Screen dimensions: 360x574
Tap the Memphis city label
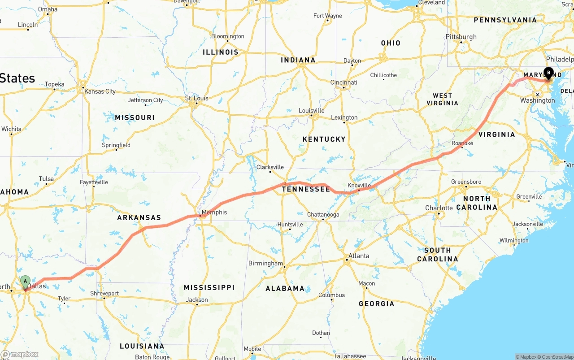214,212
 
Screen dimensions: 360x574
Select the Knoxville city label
359,185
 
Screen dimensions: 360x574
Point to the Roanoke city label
462,143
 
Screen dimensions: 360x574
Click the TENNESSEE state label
306,189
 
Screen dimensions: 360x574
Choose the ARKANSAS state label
139,217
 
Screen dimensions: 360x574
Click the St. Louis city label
197,98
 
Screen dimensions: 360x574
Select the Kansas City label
100,91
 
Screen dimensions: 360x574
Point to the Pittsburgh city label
461,37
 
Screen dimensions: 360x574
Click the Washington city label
538,100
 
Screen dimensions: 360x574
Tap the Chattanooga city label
323,215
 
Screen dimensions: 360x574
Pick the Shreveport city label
104,294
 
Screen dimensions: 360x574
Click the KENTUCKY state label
324,139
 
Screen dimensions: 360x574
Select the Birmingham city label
265,263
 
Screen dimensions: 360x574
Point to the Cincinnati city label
344,82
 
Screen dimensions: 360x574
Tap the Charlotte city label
439,208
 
